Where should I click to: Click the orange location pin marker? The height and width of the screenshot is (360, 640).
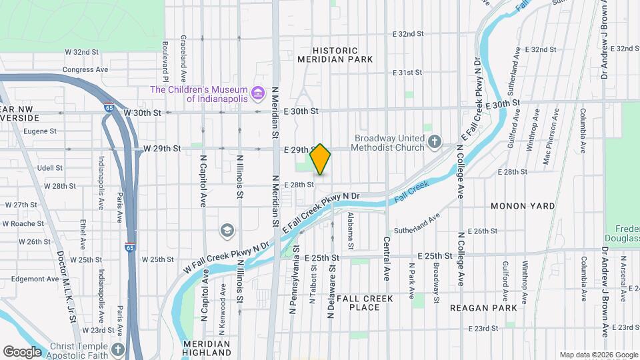click(x=321, y=159)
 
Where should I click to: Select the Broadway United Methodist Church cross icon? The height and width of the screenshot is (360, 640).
click(x=435, y=141)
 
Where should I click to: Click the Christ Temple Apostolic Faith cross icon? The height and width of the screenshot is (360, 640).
click(x=118, y=349)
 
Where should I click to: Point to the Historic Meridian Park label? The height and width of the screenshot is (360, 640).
click(x=335, y=55)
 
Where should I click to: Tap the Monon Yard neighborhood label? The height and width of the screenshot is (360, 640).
click(x=523, y=206)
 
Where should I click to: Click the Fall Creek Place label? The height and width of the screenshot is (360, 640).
click(x=365, y=303)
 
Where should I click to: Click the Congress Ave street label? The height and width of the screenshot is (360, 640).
click(x=85, y=69)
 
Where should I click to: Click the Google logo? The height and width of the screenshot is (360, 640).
click(x=22, y=351)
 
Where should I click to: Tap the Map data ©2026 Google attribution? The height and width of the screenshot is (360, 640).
click(x=598, y=355)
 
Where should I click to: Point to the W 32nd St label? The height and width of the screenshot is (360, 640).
click(x=81, y=51)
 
